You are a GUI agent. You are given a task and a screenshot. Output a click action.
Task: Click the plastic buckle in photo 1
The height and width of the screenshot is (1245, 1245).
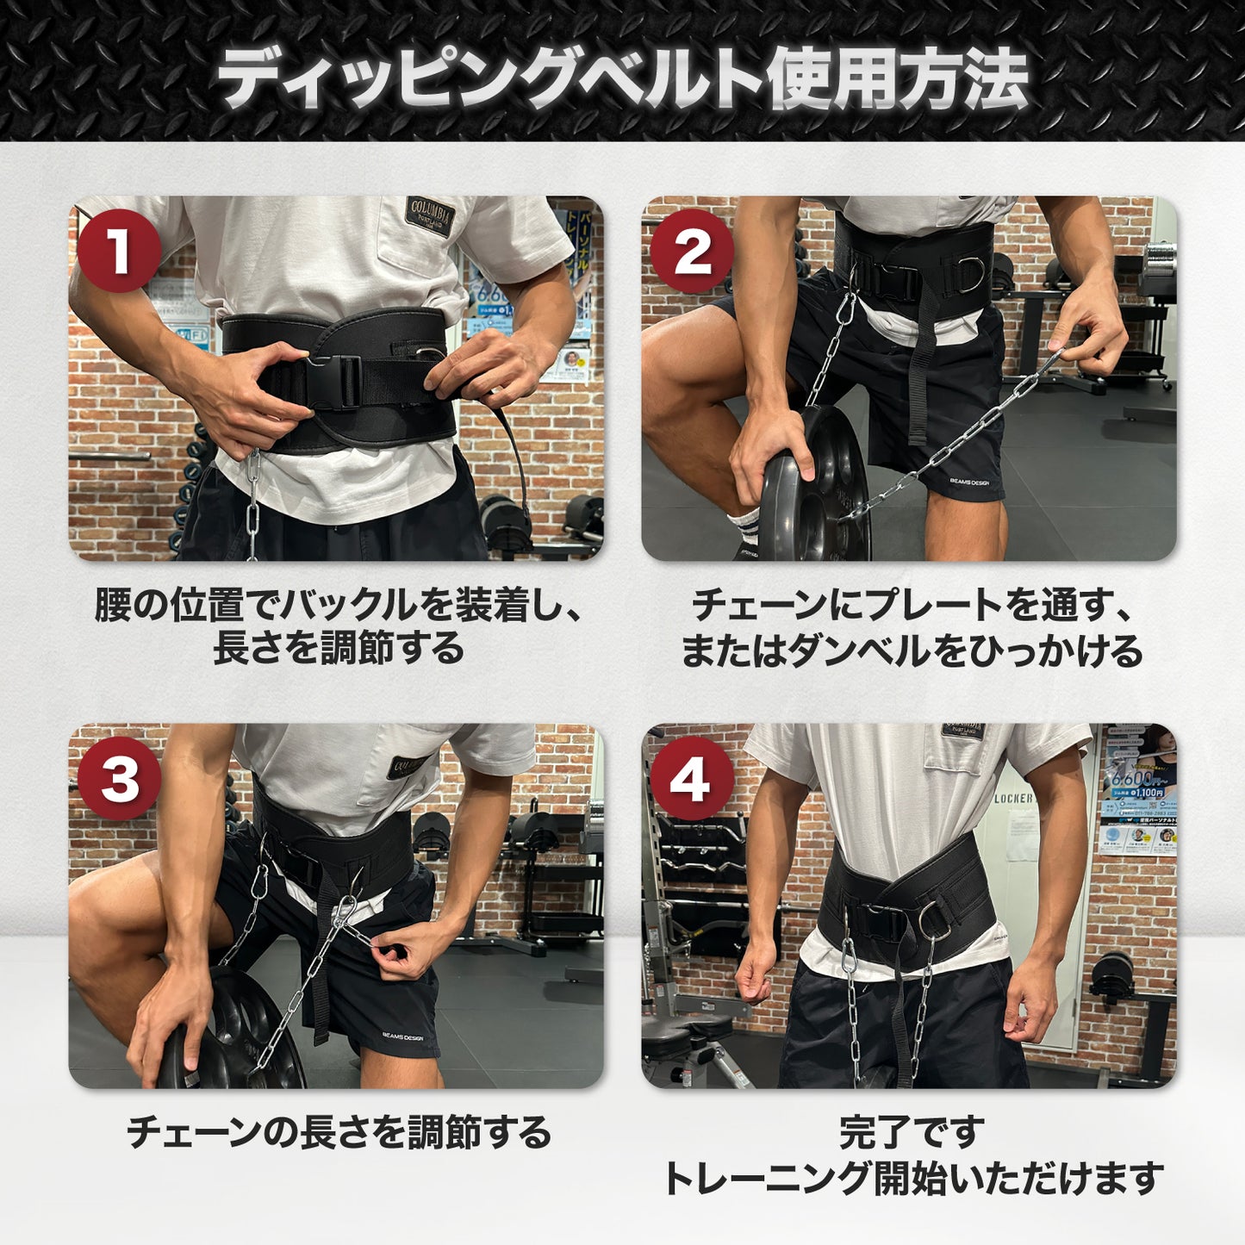[335, 380]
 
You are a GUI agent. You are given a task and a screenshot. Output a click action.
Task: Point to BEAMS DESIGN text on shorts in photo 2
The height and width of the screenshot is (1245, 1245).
[969, 482]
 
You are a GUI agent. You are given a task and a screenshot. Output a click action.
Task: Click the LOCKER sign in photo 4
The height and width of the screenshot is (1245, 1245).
[1012, 799]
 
